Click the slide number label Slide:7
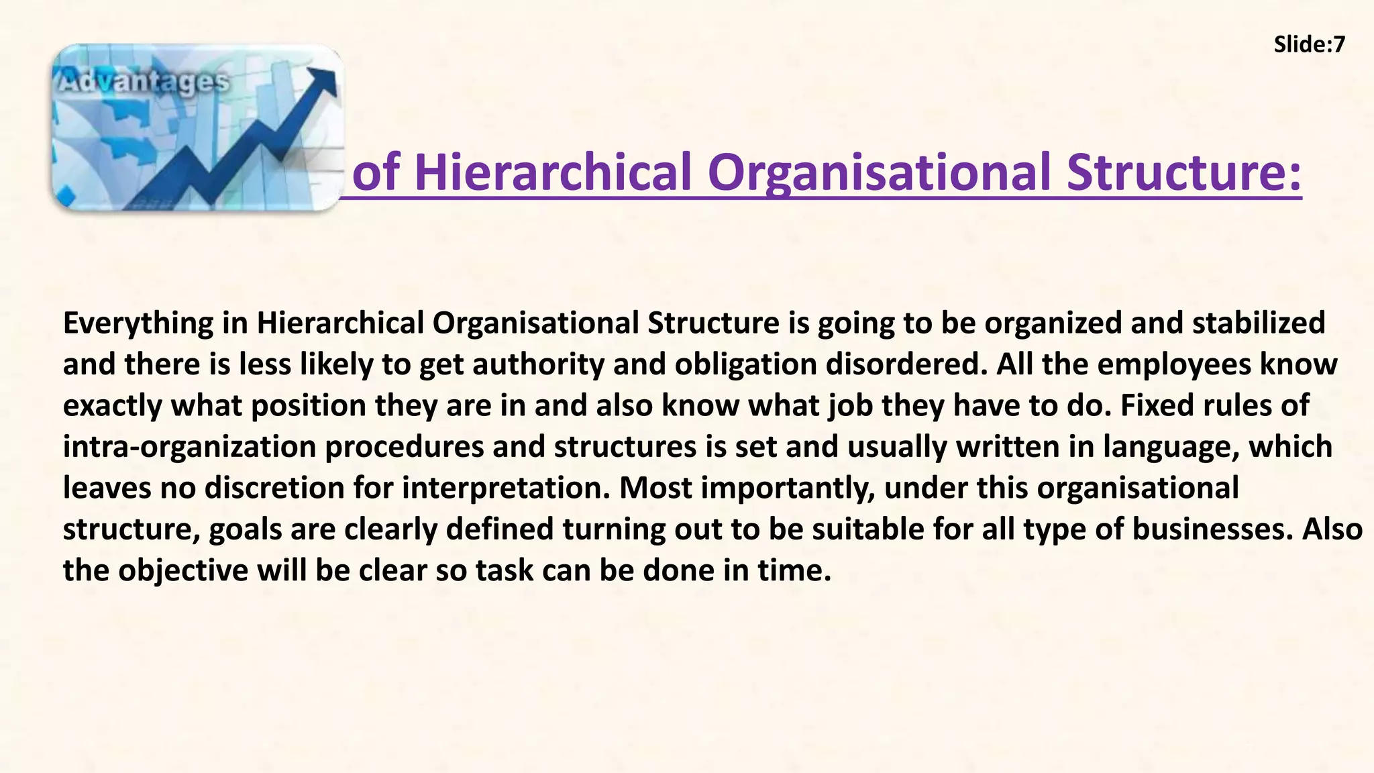(1309, 44)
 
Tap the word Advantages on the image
(143, 83)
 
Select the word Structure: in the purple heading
(1183, 172)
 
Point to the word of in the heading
(376, 172)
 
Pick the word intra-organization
(189, 447)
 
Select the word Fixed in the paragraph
(1154, 406)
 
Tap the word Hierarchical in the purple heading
(553, 172)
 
